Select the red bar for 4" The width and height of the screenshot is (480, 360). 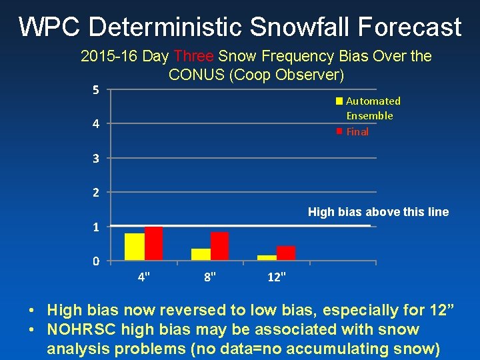154,243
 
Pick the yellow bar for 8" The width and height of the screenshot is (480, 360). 201,254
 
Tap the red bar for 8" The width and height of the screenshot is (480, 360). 220,246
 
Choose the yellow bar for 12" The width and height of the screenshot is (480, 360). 267,257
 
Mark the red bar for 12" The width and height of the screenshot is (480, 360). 286,253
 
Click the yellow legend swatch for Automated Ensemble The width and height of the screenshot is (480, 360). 339,101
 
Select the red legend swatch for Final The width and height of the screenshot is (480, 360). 339,131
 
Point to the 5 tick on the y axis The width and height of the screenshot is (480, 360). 96,90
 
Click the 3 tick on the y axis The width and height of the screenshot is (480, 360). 96,159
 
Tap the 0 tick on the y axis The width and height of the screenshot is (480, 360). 96,261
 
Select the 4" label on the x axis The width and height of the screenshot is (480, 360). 143,277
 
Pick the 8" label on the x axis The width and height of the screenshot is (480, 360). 210,277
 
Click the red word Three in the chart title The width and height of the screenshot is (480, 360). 194,57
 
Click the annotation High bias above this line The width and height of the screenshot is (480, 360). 378,212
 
